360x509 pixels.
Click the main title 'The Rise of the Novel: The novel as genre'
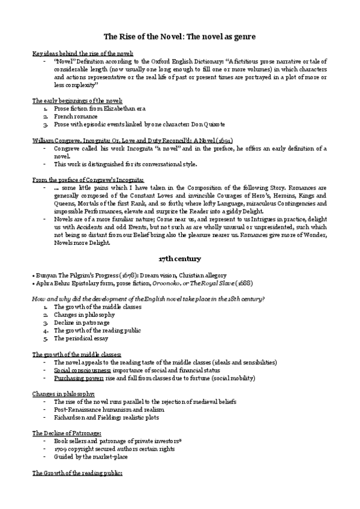[180, 37]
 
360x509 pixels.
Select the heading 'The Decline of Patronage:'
[66, 432]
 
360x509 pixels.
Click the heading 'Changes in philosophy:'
[63, 393]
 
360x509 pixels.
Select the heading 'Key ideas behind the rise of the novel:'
[82, 53]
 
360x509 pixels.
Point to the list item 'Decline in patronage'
[81, 322]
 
